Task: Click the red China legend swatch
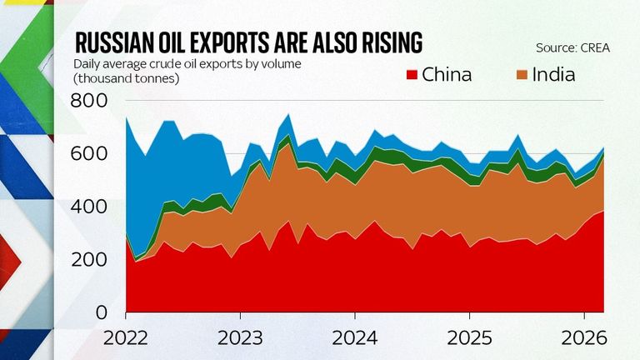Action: pyautogui.click(x=409, y=75)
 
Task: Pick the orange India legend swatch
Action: pyautogui.click(x=522, y=75)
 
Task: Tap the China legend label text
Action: pyautogui.click(x=447, y=75)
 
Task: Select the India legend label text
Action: pyautogui.click(x=555, y=75)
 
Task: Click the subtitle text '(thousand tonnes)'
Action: pyautogui.click(x=126, y=78)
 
